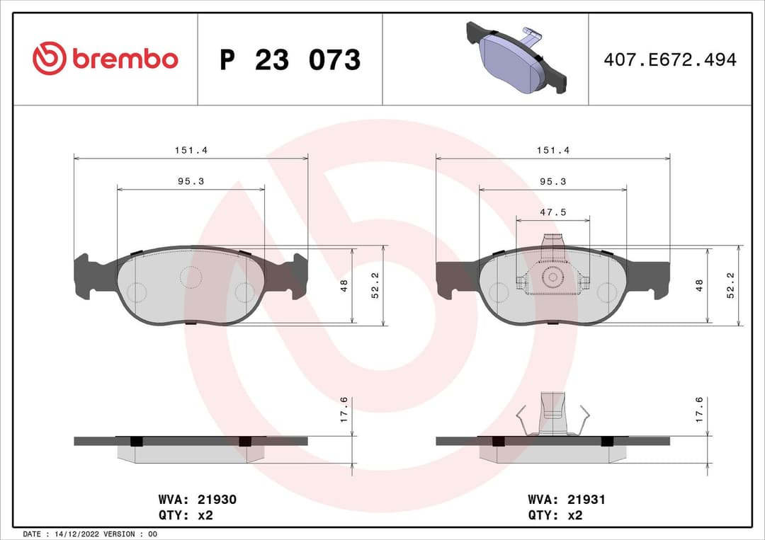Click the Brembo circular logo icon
coord(49,59)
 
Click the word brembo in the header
coord(125,59)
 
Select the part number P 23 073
coord(290,60)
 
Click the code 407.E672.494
coord(669,59)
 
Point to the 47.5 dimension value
coord(552,212)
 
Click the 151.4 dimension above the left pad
coord(191,150)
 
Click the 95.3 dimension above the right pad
coord(552,181)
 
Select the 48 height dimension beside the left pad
coord(345,286)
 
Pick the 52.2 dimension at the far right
coord(730,286)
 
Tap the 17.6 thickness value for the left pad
coord(344,410)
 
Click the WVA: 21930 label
coord(191,500)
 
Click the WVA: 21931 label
coord(566,500)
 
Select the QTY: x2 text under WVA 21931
coord(555,515)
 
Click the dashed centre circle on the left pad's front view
coord(191,277)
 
